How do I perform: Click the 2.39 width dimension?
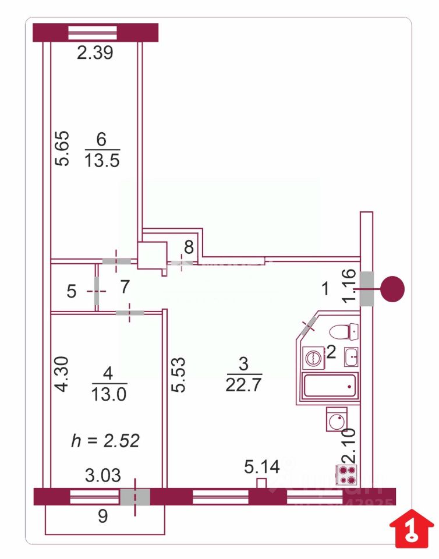95,54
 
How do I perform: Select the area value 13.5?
102,160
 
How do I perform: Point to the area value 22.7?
244,384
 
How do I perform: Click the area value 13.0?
109,394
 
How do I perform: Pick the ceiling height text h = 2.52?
105,441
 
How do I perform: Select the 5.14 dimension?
261,466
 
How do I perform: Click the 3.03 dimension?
103,476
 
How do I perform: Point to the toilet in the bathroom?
344,332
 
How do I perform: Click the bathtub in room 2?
330,385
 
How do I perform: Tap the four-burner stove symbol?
347,475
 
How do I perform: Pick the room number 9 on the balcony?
102,516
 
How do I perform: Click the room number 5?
71,292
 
